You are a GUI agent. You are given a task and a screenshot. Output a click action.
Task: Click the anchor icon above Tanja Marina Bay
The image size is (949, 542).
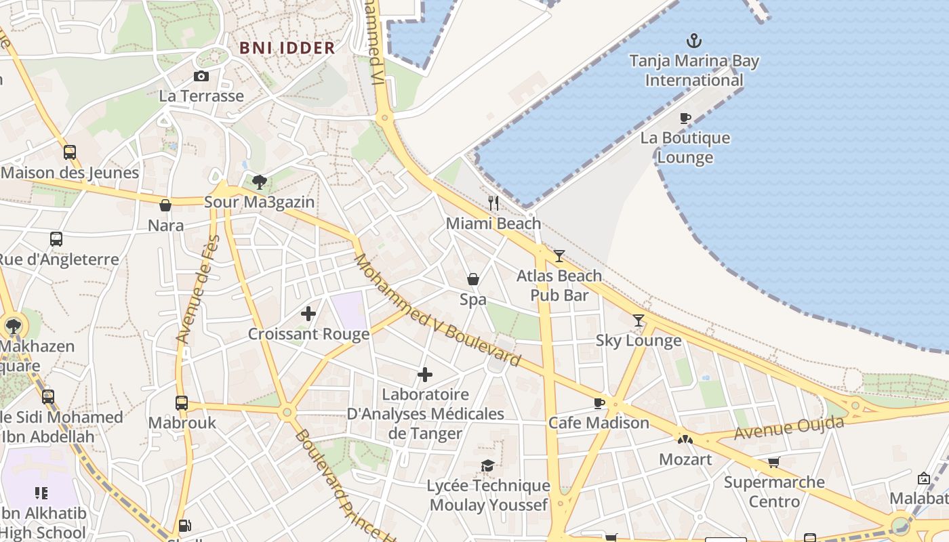coord(693,41)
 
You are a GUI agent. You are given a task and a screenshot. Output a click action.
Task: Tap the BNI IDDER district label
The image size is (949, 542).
coord(287,48)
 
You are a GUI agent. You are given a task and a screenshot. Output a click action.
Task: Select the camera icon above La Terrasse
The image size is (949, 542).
coord(201,77)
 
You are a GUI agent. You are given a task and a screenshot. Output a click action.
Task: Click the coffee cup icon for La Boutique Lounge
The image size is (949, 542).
coord(685,119)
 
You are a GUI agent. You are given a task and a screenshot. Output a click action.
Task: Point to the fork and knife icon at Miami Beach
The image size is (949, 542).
coord(493,203)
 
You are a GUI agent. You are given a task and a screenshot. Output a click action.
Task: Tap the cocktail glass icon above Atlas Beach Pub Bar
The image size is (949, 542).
coord(559,255)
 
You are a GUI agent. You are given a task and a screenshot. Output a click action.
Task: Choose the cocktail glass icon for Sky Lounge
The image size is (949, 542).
coord(638,320)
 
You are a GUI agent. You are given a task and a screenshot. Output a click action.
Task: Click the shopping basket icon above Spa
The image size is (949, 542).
coord(473,279)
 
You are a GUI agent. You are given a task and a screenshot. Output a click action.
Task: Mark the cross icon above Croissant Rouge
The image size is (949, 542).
coord(308,314)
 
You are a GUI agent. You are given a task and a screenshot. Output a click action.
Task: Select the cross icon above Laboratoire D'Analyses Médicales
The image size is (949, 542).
coord(425,375)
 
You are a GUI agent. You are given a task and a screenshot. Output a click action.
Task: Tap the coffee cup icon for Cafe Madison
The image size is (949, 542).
coord(599,403)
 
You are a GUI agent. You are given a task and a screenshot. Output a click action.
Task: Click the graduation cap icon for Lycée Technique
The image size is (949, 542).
coord(487,465)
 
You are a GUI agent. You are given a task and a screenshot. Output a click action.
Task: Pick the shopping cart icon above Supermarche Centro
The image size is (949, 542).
coord(773,463)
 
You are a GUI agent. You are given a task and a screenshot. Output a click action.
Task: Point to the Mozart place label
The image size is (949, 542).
coord(685,459)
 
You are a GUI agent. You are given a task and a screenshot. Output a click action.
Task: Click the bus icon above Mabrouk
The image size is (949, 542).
coord(182,403)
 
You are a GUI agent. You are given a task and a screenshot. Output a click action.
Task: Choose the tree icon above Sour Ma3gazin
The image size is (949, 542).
coord(259,182)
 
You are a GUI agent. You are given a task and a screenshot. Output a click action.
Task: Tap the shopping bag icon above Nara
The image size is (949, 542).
coord(165,205)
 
